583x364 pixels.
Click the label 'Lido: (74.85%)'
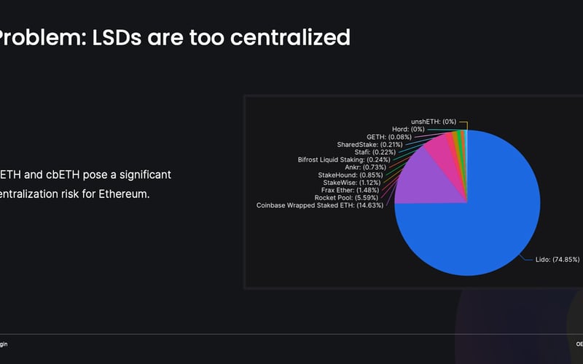541,258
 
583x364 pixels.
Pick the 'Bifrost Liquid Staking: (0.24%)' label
341,159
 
